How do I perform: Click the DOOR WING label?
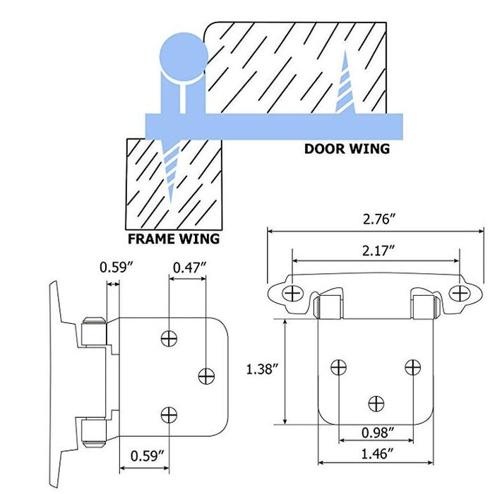tap(347, 149)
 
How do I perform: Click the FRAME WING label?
tap(174, 239)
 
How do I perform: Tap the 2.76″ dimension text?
tap(379, 219)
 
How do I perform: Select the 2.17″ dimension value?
tap(378, 251)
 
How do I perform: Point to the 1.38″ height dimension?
tap(263, 369)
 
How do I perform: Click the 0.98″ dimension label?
tap(378, 433)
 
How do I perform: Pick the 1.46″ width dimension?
tap(378, 454)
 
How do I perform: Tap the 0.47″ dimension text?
tap(189, 268)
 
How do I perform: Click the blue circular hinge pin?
tap(184, 57)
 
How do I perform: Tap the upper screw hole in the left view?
tap(169, 339)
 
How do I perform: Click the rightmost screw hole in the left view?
tap(206, 376)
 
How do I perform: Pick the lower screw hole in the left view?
tap(169, 415)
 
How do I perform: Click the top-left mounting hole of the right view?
tap(292, 294)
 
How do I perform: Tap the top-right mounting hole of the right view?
tap(459, 294)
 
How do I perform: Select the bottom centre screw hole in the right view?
tap(376, 404)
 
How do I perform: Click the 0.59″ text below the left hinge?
tap(148, 456)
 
